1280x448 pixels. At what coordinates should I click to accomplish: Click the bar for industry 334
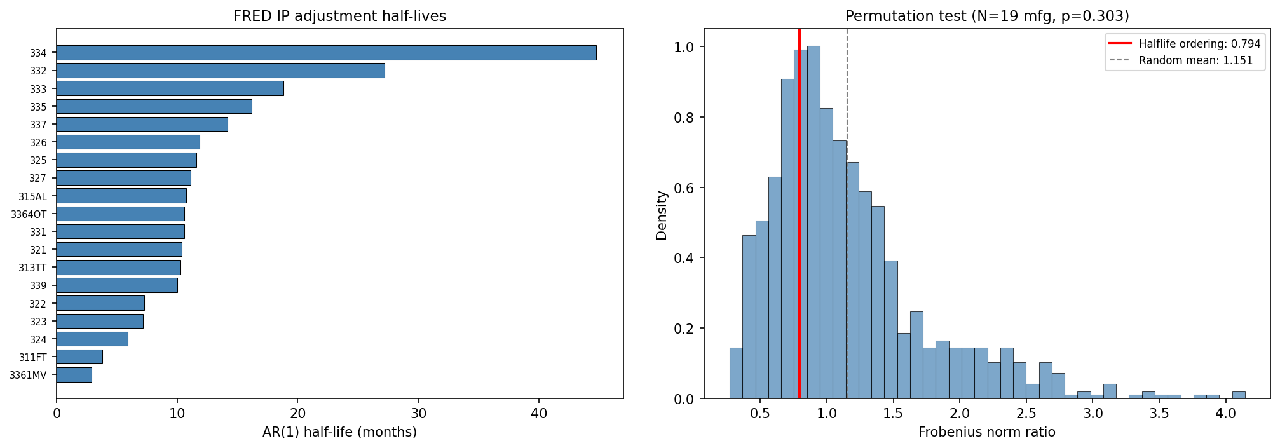[326, 53]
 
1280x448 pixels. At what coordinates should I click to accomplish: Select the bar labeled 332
[221, 71]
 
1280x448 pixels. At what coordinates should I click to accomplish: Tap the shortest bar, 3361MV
[74, 375]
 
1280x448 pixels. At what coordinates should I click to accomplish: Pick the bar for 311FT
[79, 357]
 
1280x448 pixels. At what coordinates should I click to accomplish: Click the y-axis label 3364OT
[29, 214]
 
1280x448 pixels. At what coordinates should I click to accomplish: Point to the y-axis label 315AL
[32, 196]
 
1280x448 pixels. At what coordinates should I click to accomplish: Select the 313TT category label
[32, 268]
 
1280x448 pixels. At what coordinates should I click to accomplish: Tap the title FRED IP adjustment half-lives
[339, 16]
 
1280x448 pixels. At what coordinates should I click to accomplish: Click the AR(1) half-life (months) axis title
[339, 433]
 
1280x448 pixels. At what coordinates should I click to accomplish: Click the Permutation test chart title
[987, 16]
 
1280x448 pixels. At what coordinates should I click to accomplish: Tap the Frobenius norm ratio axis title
[986, 433]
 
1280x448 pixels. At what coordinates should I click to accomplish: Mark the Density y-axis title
[662, 215]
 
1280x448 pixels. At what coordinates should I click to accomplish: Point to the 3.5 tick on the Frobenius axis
[1159, 413]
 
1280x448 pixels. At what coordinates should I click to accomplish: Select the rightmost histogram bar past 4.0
[1239, 395]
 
